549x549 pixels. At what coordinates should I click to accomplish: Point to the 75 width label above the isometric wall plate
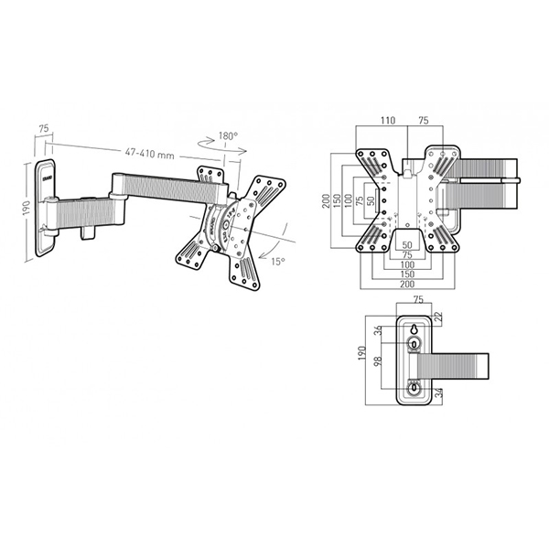pos(43,130)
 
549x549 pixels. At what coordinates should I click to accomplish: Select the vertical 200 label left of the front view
pos(325,201)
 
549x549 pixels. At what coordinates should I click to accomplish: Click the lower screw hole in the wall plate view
pos(414,387)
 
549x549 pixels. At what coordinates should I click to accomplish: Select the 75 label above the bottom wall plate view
pos(416,299)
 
